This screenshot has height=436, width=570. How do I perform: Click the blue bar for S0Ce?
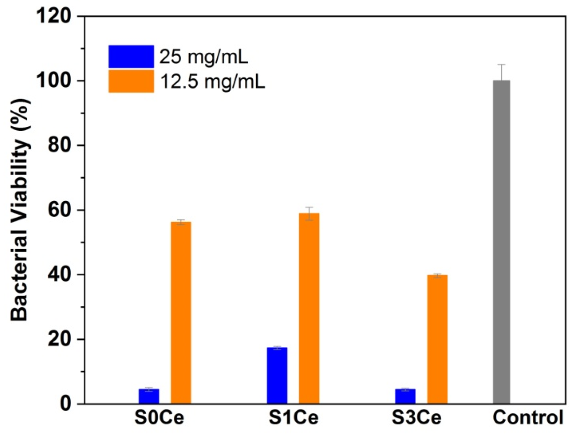pos(149,396)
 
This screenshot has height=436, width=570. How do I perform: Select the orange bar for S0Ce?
pos(181,313)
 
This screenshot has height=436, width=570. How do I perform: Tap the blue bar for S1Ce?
pos(277,375)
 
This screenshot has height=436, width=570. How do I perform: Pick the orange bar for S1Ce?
pos(309,308)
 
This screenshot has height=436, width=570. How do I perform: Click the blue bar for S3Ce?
pos(405,396)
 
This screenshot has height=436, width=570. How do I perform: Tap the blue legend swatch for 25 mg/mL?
pos(131,56)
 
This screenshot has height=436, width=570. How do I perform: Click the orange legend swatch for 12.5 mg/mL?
pos(131,81)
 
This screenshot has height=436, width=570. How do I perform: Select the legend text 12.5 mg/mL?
pos(212,82)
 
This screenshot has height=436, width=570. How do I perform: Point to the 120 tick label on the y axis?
pos(54,16)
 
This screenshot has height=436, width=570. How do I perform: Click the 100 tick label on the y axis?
pos(54,81)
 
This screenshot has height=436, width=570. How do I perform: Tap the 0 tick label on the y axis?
pos(66,404)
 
